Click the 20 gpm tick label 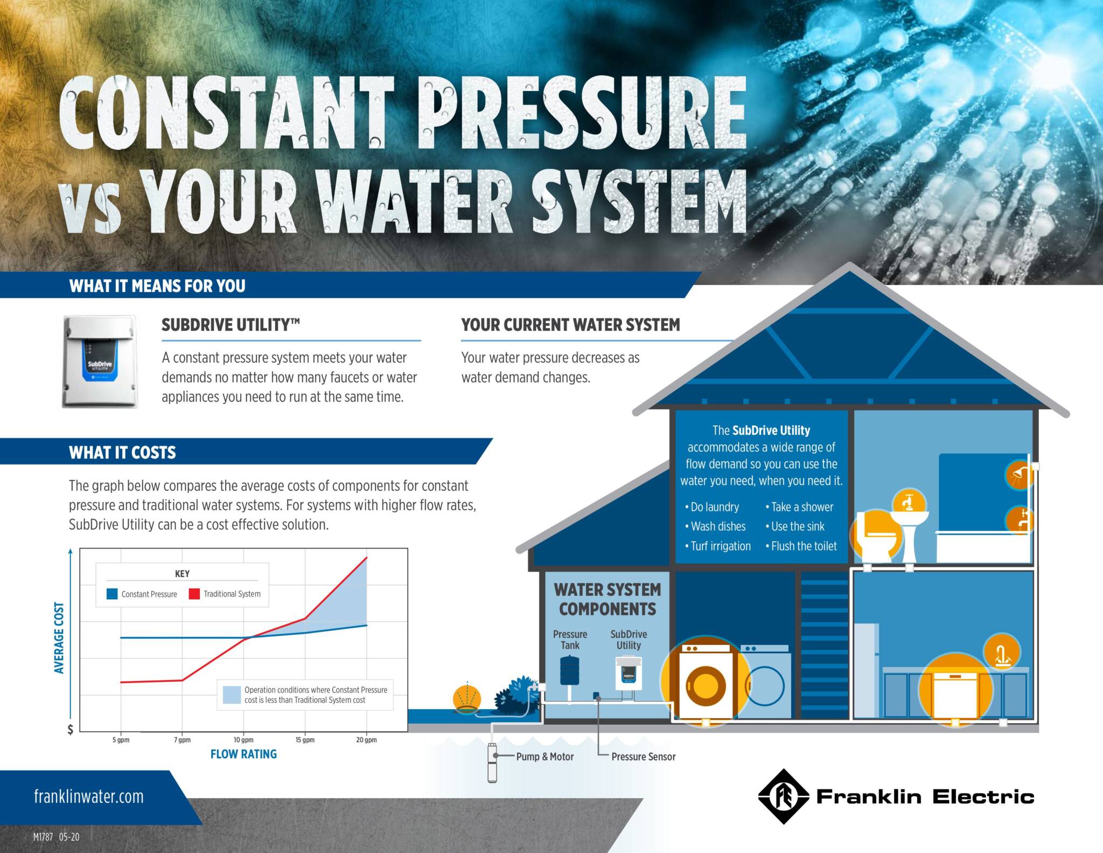pyautogui.click(x=366, y=740)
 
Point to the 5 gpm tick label pyautogui.click(x=121, y=740)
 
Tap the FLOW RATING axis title pyautogui.click(x=243, y=754)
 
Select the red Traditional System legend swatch pyautogui.click(x=194, y=594)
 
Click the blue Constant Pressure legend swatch pyautogui.click(x=112, y=594)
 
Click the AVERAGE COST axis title pyautogui.click(x=59, y=637)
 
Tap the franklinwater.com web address pyautogui.click(x=89, y=796)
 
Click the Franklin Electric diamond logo pyautogui.click(x=784, y=796)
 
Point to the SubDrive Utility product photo pyautogui.click(x=100, y=362)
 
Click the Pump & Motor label pyautogui.click(x=544, y=757)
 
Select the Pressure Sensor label pyautogui.click(x=643, y=757)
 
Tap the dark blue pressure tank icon pyautogui.click(x=569, y=671)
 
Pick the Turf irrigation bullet pyautogui.click(x=717, y=546)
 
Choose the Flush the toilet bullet pyautogui.click(x=801, y=546)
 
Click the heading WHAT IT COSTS pyautogui.click(x=122, y=452)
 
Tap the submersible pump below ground pyautogui.click(x=492, y=761)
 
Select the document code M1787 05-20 pyautogui.click(x=56, y=837)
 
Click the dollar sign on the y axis pyautogui.click(x=70, y=730)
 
